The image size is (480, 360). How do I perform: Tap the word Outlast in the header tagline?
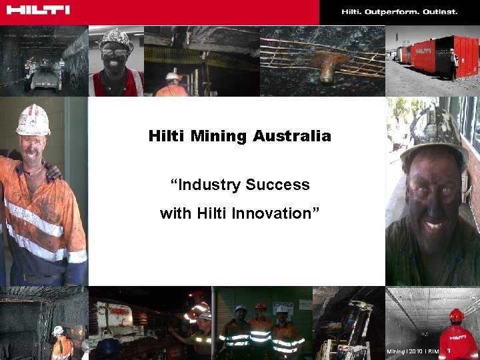click(x=441, y=12)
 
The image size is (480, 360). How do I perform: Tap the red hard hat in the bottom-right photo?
click(x=456, y=315)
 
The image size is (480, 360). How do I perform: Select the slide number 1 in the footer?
click(x=449, y=351)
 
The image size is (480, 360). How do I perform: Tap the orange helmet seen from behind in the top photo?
click(x=173, y=78)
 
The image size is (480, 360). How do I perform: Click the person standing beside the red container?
click(x=454, y=64)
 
